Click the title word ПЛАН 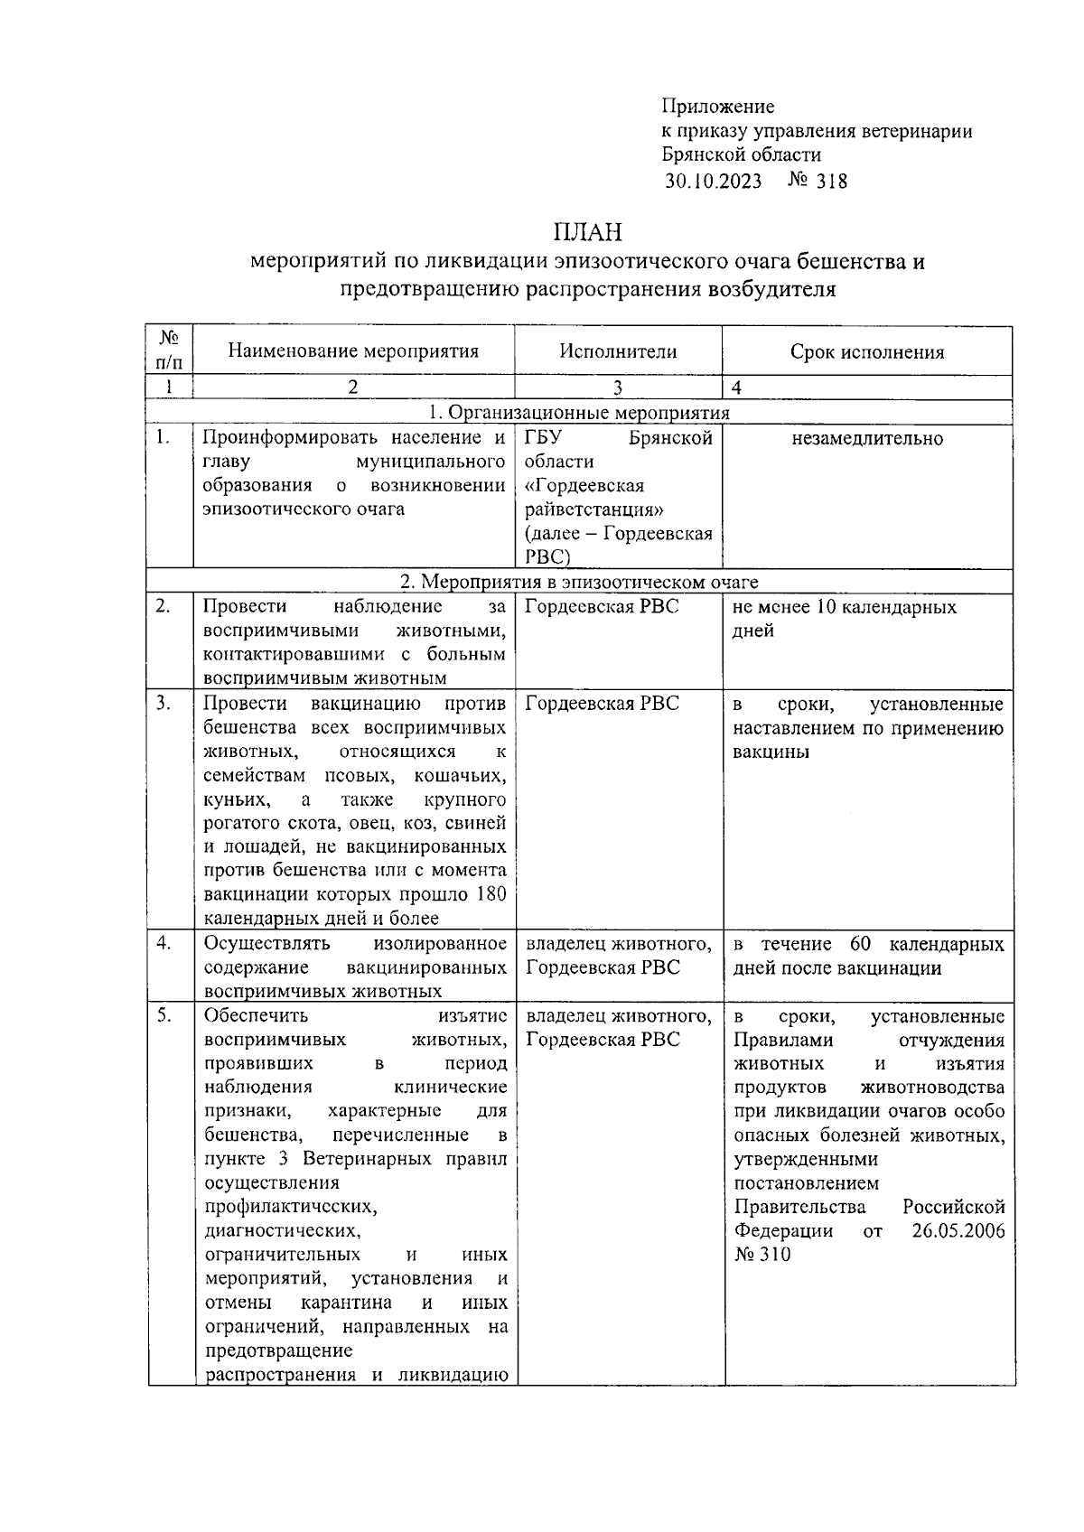point(588,232)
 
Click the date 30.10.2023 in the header point(713,182)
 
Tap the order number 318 point(831,182)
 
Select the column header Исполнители point(618,352)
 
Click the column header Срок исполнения point(866,352)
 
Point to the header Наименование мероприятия point(353,351)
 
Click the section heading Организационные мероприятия point(588,413)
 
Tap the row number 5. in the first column point(163,1015)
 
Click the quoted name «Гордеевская point(584,486)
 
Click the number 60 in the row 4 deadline point(859,944)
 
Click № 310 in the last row point(762,1255)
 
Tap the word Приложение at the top point(717,107)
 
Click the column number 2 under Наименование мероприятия point(353,388)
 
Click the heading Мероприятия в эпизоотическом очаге point(588,582)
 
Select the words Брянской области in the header point(741,155)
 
